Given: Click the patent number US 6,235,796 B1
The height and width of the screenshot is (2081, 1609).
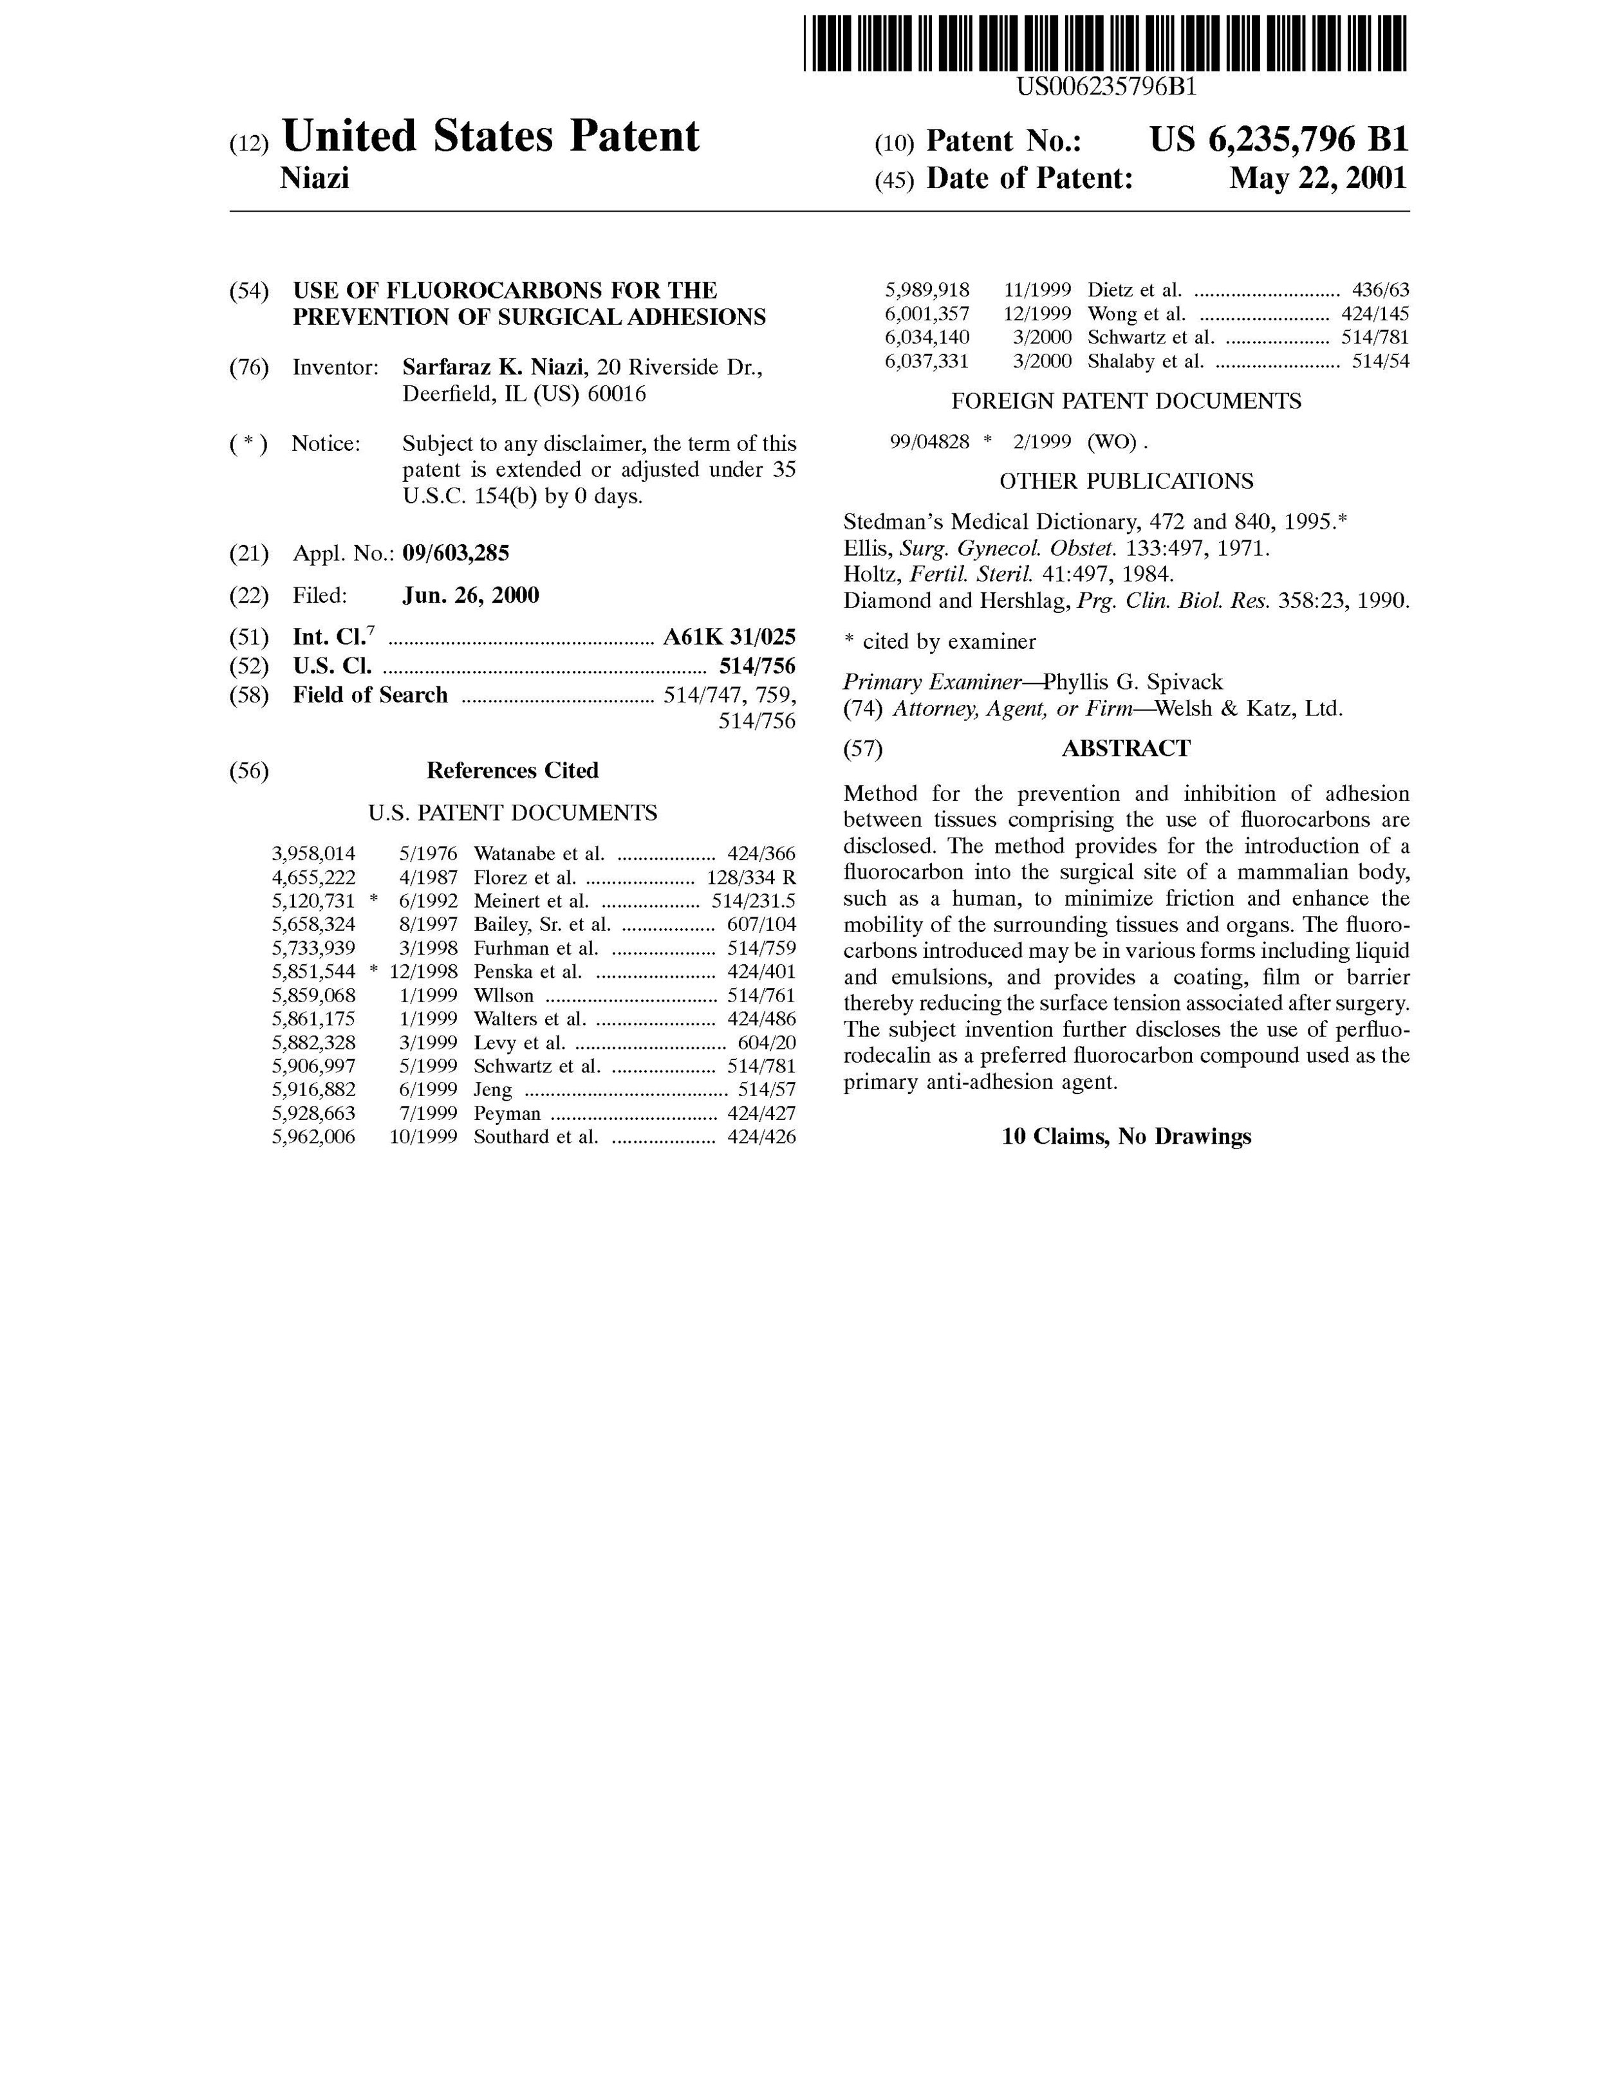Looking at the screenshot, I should (x=1278, y=140).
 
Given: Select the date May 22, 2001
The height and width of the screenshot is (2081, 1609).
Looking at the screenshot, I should (x=1317, y=178).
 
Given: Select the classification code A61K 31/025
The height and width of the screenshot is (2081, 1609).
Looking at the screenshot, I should (x=729, y=637).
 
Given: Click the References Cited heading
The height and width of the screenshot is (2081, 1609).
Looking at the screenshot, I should (x=512, y=770).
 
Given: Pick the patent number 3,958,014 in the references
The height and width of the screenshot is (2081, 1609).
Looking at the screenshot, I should (x=313, y=854).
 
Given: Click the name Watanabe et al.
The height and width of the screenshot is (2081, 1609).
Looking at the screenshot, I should (x=539, y=854).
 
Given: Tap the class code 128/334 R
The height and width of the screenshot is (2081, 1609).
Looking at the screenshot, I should (x=750, y=877).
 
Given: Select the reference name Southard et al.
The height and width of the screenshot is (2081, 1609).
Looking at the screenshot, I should (x=535, y=1137).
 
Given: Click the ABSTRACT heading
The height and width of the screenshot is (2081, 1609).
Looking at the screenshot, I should (x=1126, y=748).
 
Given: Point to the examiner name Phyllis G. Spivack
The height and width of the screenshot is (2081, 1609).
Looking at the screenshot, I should (x=1132, y=683).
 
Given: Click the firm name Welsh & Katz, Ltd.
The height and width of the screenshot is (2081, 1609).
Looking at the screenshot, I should (x=1248, y=709).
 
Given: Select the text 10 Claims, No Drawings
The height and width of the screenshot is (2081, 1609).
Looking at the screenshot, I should (x=1126, y=1136).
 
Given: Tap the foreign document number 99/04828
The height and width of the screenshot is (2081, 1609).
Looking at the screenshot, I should (x=929, y=441).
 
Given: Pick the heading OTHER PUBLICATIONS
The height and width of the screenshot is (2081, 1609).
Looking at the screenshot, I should (x=1126, y=481).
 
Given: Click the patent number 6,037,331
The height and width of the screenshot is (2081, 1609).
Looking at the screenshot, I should (x=927, y=361).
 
